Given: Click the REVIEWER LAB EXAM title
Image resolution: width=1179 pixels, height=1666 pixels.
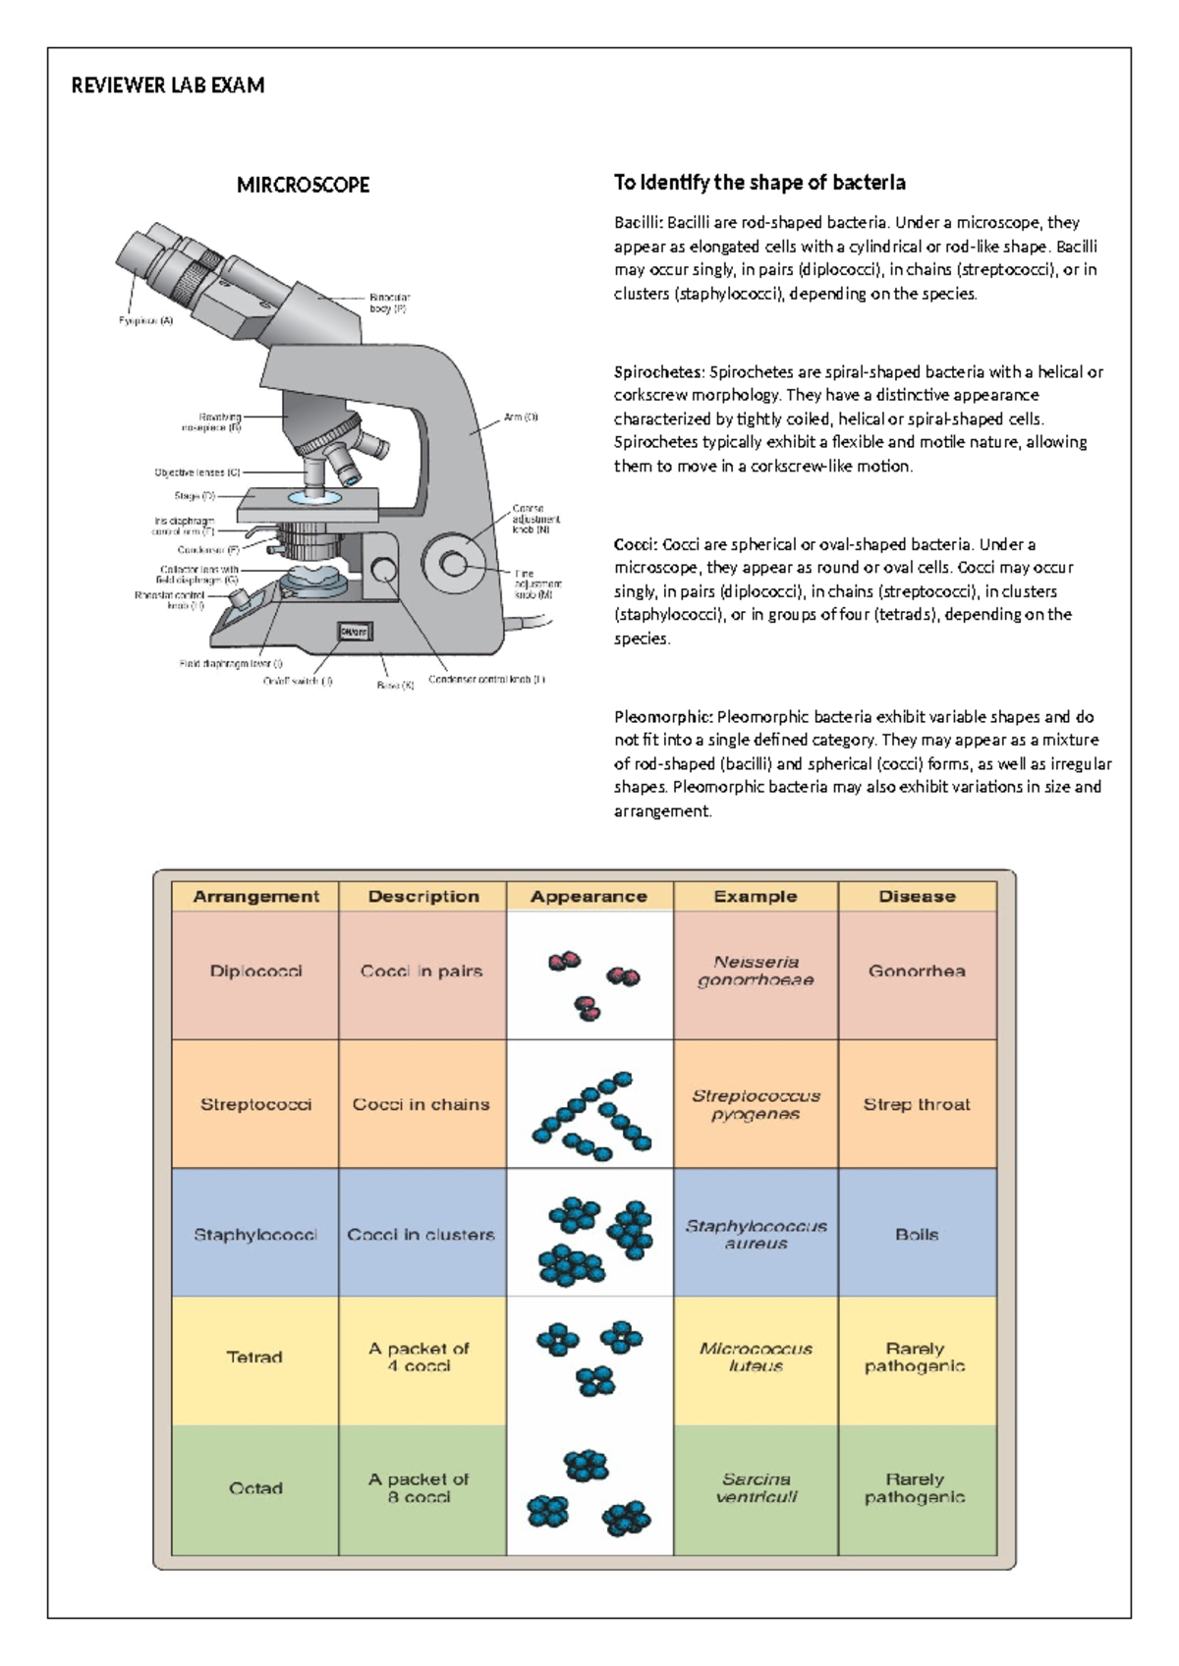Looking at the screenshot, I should click(168, 85).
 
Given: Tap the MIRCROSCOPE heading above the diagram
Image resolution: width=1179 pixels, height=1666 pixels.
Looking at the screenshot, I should click(303, 185).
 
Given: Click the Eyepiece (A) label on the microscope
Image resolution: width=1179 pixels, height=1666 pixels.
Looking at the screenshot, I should click(145, 321).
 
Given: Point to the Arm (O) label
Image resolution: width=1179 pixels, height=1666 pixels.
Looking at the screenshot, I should click(521, 417).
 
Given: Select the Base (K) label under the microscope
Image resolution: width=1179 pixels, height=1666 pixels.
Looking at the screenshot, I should click(396, 685).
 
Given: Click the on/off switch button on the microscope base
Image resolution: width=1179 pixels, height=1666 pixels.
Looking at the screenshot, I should click(354, 632).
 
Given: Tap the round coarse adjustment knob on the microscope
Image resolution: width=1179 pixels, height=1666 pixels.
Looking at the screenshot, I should click(454, 563).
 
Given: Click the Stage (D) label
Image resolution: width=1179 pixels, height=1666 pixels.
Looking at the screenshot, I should click(195, 496).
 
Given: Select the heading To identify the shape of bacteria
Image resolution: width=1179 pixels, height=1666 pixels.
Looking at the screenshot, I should click(759, 183).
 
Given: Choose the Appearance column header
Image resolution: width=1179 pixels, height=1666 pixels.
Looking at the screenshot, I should click(589, 896).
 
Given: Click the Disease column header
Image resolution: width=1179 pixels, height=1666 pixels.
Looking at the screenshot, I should click(917, 896).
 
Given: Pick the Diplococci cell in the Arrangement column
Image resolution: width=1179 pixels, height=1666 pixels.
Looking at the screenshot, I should click(255, 972).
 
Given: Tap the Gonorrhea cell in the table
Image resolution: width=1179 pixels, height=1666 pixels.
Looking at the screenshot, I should click(917, 972).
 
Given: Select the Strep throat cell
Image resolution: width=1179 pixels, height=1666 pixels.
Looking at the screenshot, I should click(917, 1104).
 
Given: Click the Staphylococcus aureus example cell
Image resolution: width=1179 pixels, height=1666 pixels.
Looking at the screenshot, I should click(756, 1234).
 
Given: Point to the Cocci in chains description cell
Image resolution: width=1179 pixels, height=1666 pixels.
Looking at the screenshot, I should click(421, 1104).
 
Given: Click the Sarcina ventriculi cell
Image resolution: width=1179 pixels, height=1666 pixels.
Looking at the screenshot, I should click(756, 1487).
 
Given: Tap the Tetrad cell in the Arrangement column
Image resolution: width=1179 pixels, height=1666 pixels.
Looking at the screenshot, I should click(254, 1358).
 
